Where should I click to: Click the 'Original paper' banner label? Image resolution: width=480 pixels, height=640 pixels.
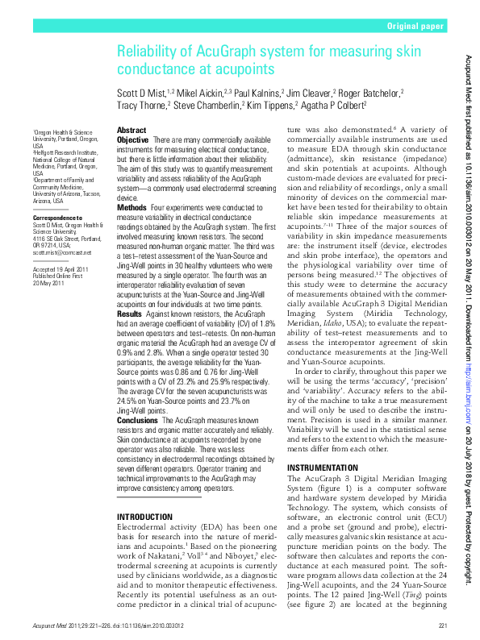415,27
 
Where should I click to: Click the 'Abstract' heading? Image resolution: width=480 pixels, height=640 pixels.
131,130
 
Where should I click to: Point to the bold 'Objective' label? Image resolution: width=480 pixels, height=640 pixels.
133,140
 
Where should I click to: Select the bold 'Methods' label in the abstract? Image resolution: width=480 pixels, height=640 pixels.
131,207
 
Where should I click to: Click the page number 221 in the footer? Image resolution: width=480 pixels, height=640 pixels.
442,625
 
